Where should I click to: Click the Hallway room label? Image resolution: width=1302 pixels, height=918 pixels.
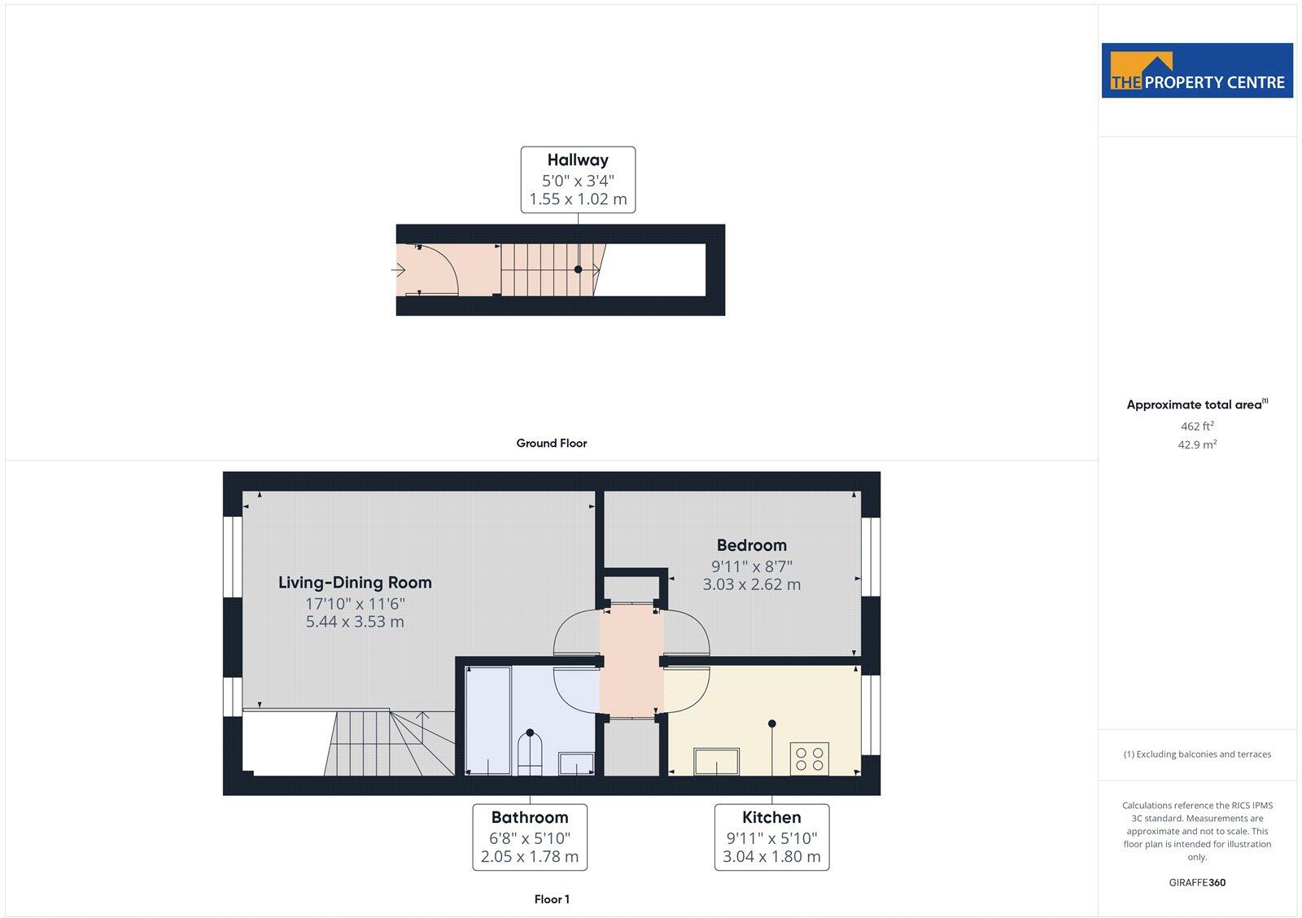point(578,160)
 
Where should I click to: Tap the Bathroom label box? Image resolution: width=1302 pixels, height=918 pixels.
point(530,837)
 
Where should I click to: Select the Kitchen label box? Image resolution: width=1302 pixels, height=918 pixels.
point(771,837)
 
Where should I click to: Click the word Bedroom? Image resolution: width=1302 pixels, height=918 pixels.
point(751,545)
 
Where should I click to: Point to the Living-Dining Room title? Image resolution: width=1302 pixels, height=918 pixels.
point(355,583)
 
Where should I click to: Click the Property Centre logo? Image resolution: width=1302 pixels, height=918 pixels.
point(1197,71)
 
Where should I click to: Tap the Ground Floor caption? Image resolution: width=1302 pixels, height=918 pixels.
point(551,444)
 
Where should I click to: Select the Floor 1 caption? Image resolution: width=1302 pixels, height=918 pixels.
point(552,899)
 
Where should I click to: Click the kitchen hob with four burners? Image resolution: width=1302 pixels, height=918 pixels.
point(809,758)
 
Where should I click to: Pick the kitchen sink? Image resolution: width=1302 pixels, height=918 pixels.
point(716,762)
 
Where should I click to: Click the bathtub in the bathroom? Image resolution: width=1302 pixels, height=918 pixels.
point(487,720)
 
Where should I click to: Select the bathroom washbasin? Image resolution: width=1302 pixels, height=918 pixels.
point(576,763)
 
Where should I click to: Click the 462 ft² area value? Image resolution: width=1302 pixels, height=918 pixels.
point(1197,426)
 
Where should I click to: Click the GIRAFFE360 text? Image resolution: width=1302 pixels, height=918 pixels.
point(1197,882)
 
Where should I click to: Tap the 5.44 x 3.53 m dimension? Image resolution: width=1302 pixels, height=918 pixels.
point(355,622)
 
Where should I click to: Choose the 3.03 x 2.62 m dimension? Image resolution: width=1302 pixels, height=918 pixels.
point(751,584)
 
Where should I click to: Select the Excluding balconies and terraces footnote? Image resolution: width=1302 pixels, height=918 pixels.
point(1197,754)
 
